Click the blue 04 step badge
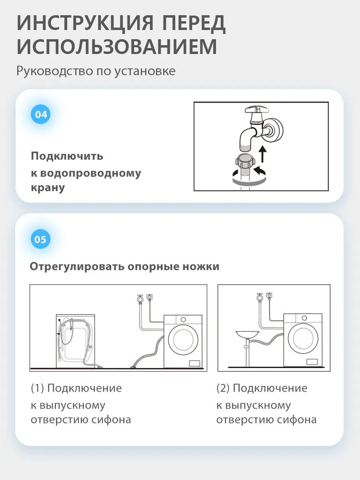41,114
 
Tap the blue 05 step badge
41,239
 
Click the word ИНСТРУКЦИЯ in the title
85,23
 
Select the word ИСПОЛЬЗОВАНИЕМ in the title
117,46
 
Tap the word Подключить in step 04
67,156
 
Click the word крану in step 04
48,188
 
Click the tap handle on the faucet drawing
256,109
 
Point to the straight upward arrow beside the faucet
263,154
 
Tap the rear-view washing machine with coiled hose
76,341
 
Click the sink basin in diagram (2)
248,334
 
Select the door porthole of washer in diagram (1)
183,340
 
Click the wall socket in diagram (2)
270,295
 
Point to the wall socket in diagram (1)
150,297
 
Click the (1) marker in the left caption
37,388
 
